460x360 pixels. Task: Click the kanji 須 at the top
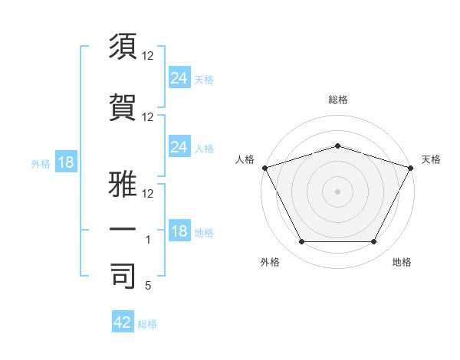point(123,47)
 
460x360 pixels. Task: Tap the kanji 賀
point(123,107)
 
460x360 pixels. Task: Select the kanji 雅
point(123,170)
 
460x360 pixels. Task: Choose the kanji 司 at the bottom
point(123,276)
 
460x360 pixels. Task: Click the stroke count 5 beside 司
point(147,286)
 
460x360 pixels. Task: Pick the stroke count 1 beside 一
point(149,240)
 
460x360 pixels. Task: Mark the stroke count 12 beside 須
point(148,56)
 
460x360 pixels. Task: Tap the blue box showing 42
point(122,322)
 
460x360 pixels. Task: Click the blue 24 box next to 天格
point(179,77)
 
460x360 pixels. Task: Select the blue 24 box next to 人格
point(179,147)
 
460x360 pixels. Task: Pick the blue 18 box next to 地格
point(179,231)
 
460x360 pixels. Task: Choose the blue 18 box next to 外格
point(65,162)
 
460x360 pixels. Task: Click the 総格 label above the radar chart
point(338,100)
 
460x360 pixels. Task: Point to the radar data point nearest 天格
point(412,167)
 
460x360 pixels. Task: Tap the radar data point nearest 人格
point(264,167)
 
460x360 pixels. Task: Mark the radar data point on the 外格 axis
point(301,242)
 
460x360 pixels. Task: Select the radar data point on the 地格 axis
point(374,242)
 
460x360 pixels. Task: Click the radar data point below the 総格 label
point(338,146)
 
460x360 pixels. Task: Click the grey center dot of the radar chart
point(338,191)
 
